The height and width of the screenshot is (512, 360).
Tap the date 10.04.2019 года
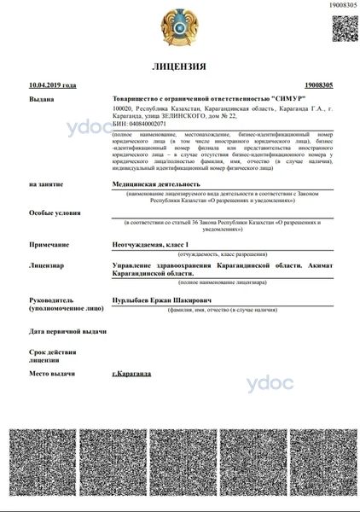[x=52, y=85]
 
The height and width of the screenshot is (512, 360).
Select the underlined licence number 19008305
[x=317, y=85]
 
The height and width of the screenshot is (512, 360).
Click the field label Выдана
[x=41, y=99]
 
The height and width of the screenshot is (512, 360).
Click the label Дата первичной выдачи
[x=67, y=329]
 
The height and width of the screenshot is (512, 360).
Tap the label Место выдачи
[x=52, y=374]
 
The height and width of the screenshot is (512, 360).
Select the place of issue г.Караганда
[x=131, y=374]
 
